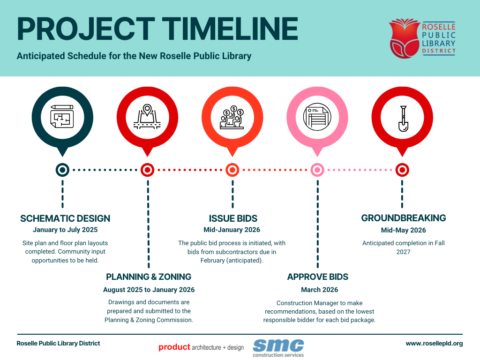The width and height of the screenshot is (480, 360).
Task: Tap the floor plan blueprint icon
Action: [62, 114]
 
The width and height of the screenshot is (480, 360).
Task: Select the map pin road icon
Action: [147, 117]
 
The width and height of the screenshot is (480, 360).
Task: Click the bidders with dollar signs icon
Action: [232, 118]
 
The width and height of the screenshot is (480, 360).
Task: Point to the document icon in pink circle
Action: [317, 117]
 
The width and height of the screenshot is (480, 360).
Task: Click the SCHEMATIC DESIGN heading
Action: [65, 218]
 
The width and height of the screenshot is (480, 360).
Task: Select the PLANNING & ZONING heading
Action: [149, 277]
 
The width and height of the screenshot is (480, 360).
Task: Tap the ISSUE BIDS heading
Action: [233, 218]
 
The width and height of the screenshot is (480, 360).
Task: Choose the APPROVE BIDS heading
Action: [318, 277]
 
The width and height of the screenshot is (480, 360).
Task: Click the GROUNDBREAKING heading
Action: [403, 218]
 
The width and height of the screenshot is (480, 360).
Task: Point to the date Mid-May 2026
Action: [403, 230]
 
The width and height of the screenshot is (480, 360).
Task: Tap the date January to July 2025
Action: [65, 230]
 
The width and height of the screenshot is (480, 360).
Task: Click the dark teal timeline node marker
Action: [62, 170]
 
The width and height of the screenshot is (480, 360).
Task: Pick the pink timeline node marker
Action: [317, 170]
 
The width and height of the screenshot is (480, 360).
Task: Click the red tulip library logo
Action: [404, 38]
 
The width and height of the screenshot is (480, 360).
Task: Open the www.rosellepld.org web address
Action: [434, 343]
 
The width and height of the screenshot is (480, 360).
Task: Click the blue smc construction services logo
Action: [278, 347]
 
